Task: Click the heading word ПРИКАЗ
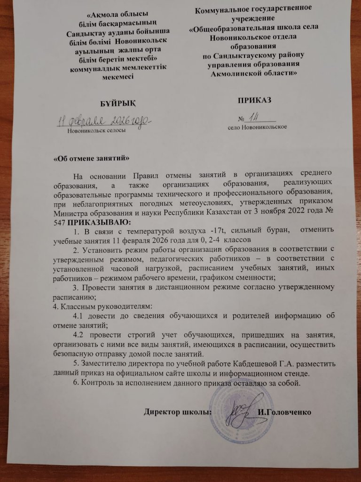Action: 254,100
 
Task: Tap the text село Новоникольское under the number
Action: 257,127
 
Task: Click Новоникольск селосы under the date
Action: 96,130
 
